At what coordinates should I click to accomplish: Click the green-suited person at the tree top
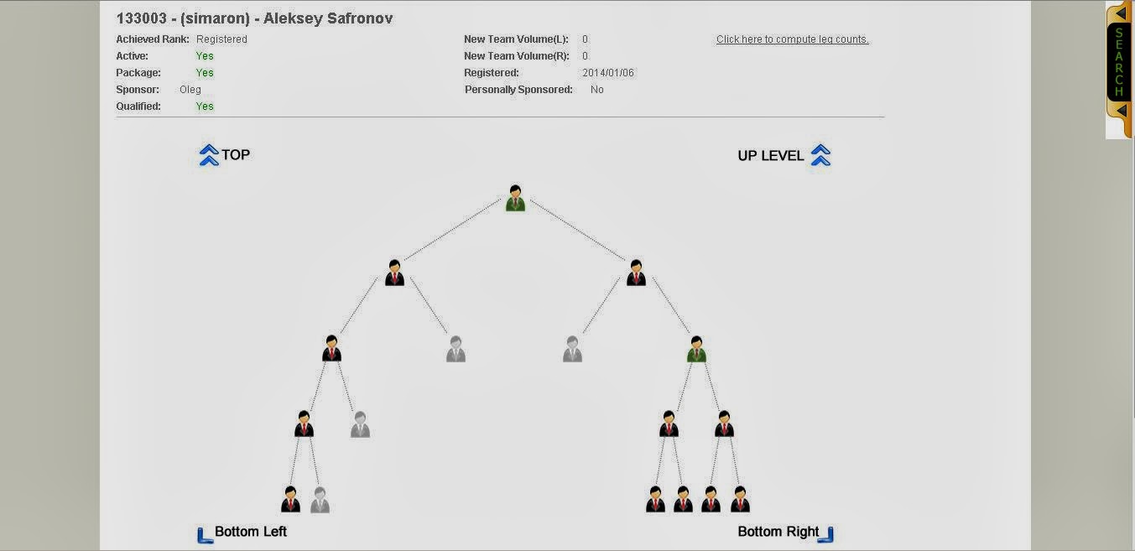(x=515, y=199)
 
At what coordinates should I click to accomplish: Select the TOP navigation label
(x=236, y=154)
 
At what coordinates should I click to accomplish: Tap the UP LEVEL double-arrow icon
(x=820, y=155)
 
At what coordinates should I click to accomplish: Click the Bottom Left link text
(x=251, y=531)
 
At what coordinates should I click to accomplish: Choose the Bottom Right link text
(x=778, y=531)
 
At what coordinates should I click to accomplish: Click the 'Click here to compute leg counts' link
(x=792, y=39)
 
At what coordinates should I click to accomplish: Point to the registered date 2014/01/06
(x=608, y=73)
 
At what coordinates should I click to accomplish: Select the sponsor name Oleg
(x=190, y=90)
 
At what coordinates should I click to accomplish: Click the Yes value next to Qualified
(x=205, y=107)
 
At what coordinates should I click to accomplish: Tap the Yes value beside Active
(x=205, y=56)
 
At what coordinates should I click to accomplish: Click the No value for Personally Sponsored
(x=596, y=90)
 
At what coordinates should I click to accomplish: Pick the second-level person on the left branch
(x=395, y=273)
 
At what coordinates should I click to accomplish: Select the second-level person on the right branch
(x=636, y=273)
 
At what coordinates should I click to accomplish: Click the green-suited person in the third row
(x=696, y=349)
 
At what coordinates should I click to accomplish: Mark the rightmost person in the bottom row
(x=739, y=499)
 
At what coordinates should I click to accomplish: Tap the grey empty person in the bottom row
(x=320, y=500)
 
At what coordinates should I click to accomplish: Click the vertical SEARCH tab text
(x=1118, y=62)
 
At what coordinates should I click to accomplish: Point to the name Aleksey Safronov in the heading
(x=328, y=18)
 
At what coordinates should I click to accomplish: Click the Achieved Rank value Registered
(x=221, y=39)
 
